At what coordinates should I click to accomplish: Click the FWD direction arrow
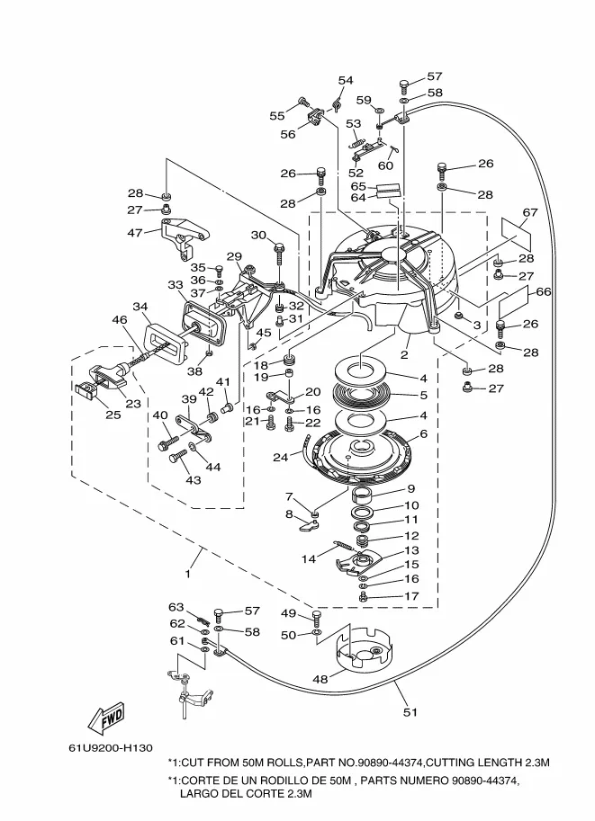point(107,718)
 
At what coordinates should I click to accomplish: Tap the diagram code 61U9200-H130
point(111,747)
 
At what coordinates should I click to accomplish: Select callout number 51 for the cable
point(410,712)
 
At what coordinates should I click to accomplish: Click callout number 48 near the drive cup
point(320,679)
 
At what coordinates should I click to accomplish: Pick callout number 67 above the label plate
point(530,212)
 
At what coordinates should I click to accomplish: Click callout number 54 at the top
point(346,80)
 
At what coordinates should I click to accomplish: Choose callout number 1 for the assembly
point(187,574)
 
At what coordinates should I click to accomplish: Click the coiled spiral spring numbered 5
point(361,395)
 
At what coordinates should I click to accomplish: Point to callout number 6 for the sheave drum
point(424,433)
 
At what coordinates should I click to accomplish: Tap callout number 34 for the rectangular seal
point(140,307)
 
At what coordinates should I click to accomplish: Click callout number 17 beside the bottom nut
point(411,596)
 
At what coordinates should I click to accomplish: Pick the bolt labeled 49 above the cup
point(316,619)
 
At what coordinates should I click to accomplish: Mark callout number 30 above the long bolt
point(258,235)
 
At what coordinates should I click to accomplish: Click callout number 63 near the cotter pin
point(176,607)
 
